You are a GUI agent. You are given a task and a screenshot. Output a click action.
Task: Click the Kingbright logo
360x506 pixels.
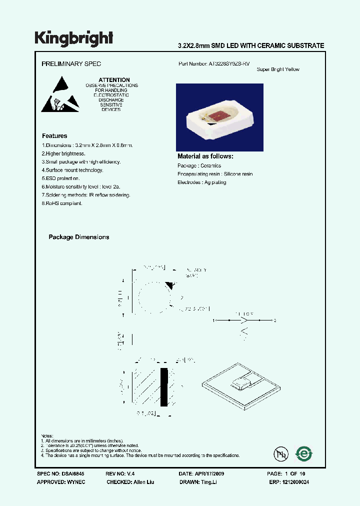tap(74, 38)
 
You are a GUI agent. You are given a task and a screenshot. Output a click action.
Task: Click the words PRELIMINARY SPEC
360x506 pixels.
tap(71, 64)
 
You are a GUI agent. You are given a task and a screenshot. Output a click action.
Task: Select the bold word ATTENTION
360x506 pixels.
tap(114, 80)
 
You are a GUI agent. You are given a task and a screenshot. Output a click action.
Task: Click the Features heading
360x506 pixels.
tap(54, 136)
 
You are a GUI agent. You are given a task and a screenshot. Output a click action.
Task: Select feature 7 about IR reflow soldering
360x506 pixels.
tap(86, 195)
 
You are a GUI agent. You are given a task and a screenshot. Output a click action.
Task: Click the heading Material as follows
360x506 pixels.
tap(205, 156)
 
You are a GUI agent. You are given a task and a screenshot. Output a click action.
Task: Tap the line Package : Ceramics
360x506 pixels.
tap(199, 165)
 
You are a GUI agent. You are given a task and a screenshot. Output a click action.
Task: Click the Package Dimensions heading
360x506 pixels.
tap(78, 237)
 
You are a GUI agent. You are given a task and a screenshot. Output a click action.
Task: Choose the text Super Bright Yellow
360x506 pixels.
tap(278, 69)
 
